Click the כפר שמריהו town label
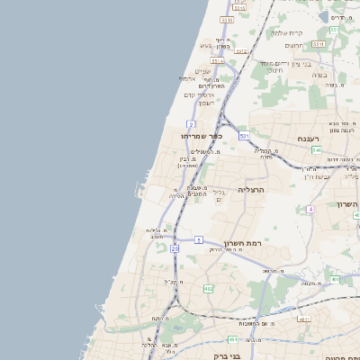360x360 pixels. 188,136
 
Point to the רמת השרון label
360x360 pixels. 242,243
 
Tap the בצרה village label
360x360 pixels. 319,76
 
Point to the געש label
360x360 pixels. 205,46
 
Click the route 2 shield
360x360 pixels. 192,123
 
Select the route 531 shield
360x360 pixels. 244,136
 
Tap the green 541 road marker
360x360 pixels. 317,149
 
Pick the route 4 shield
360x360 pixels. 310,209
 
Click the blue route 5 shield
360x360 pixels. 198,240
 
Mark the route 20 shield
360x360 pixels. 175,247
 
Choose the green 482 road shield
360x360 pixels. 209,288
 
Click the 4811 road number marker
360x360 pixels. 232,339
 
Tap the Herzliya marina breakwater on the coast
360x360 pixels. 138,189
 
